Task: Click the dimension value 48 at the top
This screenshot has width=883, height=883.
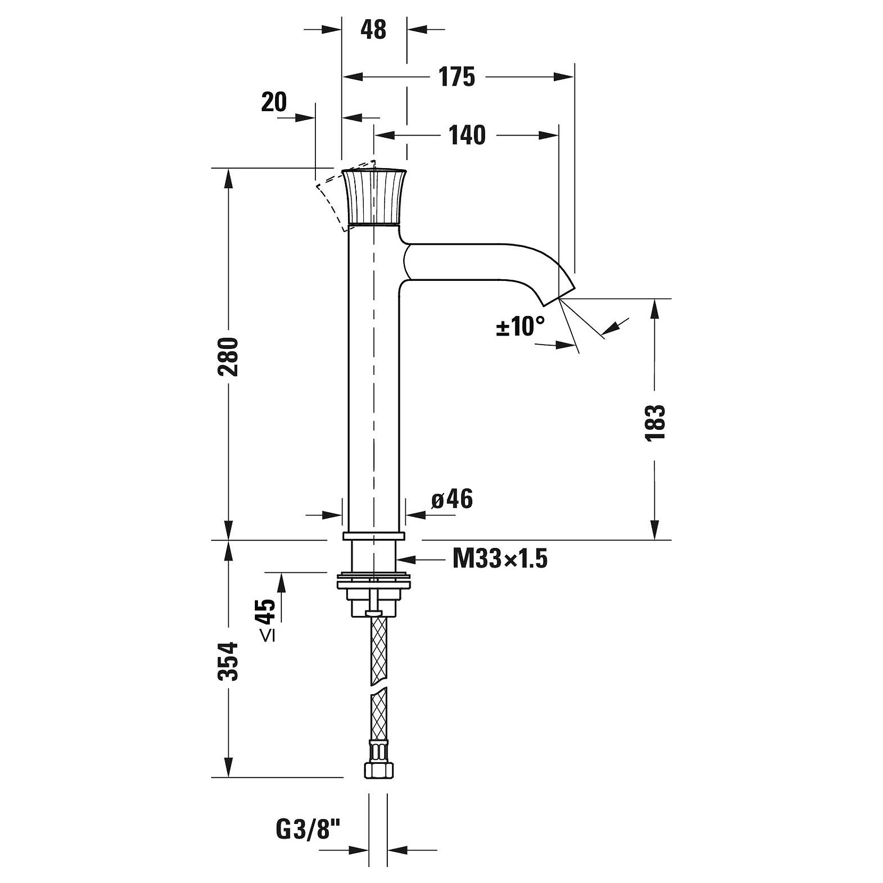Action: [373, 30]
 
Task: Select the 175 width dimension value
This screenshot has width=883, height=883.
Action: [457, 77]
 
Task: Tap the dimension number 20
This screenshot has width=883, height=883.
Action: [274, 102]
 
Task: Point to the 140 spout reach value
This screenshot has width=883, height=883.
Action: [468, 136]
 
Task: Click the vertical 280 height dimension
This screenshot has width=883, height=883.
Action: [229, 356]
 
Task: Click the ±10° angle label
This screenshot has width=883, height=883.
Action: [521, 326]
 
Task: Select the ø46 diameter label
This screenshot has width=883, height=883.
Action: [452, 499]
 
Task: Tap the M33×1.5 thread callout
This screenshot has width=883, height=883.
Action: [500, 559]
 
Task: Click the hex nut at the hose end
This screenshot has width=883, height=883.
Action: [377, 770]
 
